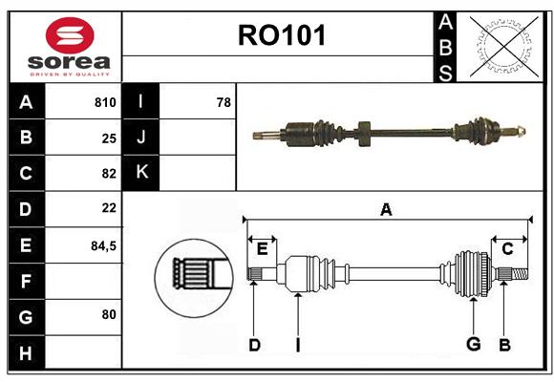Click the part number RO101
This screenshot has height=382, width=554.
coord(282,35)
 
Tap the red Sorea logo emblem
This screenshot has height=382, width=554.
coord(70,35)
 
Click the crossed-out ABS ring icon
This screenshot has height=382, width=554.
coord(503,46)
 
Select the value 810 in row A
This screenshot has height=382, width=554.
coord(105,102)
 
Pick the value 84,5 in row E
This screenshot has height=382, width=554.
coord(103,245)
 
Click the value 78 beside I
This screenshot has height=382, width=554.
coord(224,102)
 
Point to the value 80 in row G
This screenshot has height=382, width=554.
coord(109,314)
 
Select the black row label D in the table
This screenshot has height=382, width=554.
coord(27,209)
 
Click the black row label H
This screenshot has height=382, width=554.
coord(27,352)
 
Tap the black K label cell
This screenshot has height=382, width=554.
coord(140,173)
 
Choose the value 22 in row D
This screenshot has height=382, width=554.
coord(109,208)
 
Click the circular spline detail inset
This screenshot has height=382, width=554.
coord(194,278)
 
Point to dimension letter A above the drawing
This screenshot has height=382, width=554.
coord(386,209)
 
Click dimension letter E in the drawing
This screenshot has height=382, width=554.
coord(262,249)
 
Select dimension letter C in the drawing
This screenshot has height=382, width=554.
coord(507,249)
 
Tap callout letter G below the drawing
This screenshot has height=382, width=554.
coord(474,344)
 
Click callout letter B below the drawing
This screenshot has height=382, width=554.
coord(504,345)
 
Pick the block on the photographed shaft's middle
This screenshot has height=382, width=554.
coord(364,134)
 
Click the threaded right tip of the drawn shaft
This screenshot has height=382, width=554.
coord(520,274)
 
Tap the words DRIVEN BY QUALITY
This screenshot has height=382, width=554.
coord(70,74)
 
